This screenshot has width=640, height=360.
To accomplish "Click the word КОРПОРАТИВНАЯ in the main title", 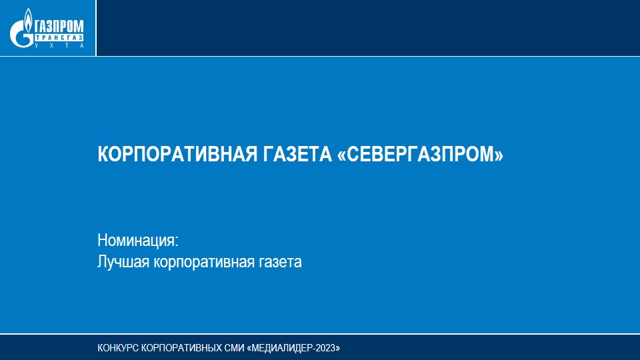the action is (177, 154).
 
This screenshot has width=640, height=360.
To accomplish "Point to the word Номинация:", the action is (138, 241).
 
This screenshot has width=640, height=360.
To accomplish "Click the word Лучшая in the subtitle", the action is (123, 261).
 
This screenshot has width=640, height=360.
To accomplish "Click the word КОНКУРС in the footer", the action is (118, 348).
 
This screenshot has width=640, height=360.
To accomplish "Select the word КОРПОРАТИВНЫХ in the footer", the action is (181, 348).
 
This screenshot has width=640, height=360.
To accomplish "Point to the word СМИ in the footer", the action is (234, 348).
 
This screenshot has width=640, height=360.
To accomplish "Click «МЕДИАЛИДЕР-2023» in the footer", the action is (293, 348).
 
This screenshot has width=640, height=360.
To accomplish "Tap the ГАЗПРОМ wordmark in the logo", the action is (59, 27).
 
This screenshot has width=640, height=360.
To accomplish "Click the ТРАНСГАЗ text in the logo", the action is (59, 37).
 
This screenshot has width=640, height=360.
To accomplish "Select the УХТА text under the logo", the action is (59, 45).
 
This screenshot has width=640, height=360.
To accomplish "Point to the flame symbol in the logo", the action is (28, 19).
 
